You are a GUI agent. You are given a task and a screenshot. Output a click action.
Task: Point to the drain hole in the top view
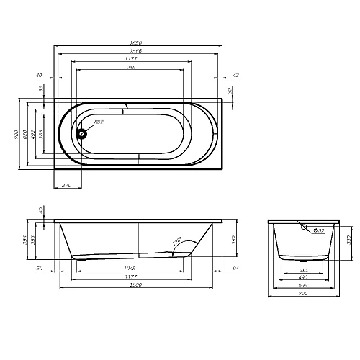coord(82,132)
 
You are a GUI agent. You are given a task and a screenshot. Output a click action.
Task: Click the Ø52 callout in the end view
coord(319,230)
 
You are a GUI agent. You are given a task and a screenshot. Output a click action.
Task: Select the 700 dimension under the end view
coord(303,294)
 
